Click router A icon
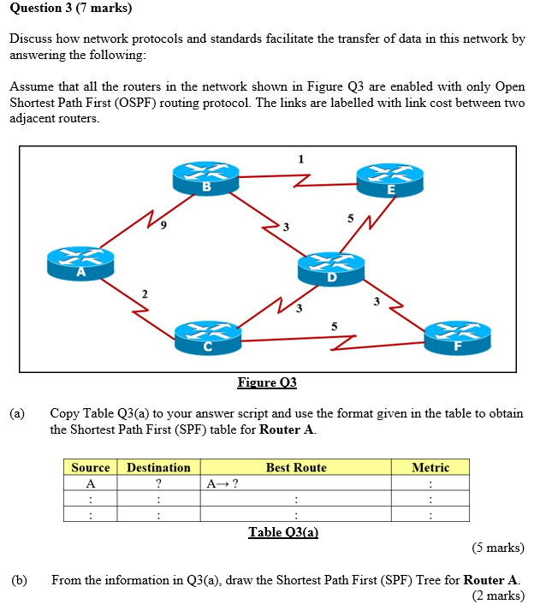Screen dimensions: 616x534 point(81,264)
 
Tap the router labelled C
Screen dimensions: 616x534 point(208,337)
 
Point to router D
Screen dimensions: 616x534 point(330,268)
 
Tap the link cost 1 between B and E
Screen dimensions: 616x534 point(300,158)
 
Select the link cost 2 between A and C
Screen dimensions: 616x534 point(144,293)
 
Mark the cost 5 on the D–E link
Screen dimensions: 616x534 point(350,219)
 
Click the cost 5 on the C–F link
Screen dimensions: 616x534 point(334,326)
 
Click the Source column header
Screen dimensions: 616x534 point(91,467)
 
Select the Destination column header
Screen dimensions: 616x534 point(158,467)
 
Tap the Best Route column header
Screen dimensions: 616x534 point(296,467)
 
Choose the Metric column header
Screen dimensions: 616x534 point(430,467)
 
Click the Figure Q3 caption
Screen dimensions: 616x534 point(267,382)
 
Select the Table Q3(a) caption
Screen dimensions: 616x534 point(283,532)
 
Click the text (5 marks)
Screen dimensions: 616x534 point(497,548)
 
